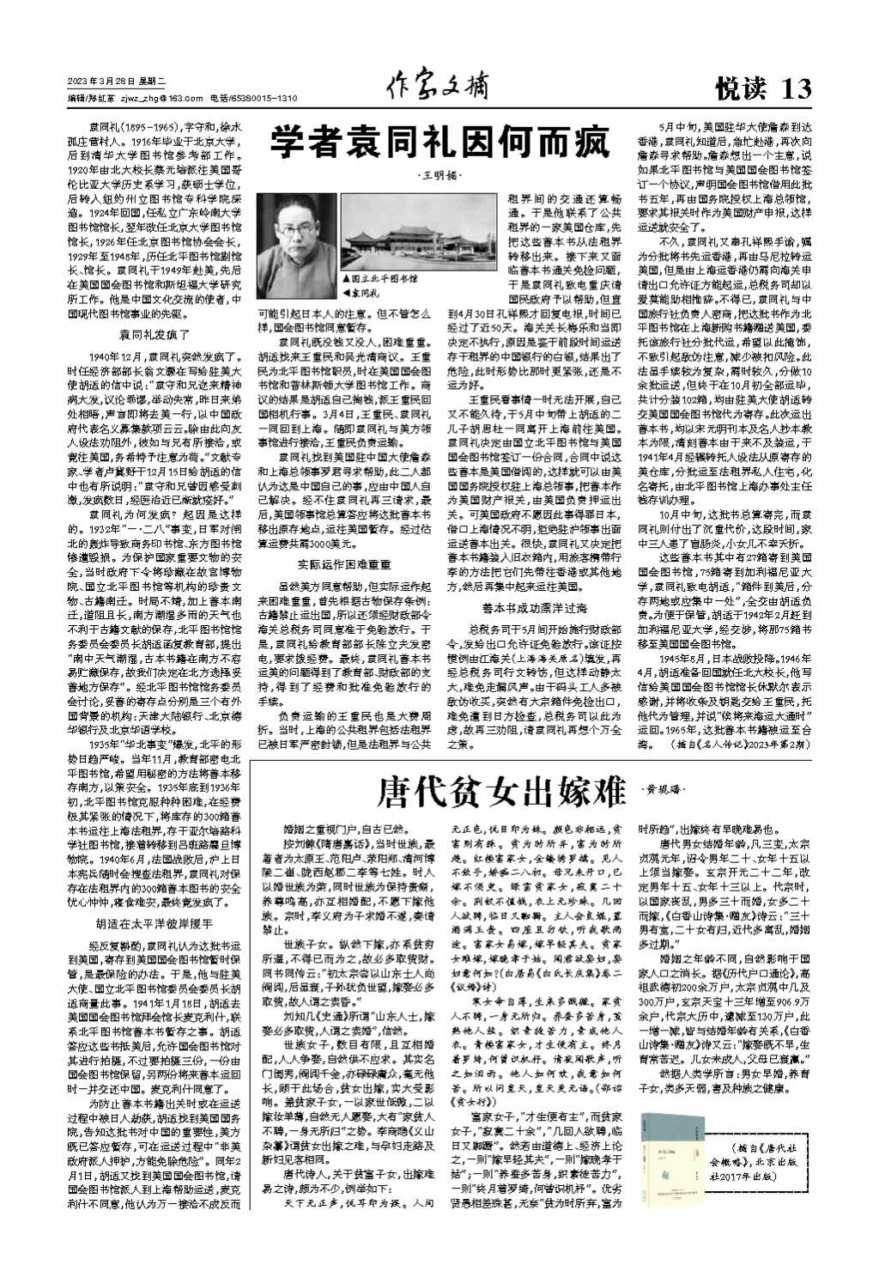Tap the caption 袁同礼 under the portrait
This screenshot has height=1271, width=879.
[x=367, y=294]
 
